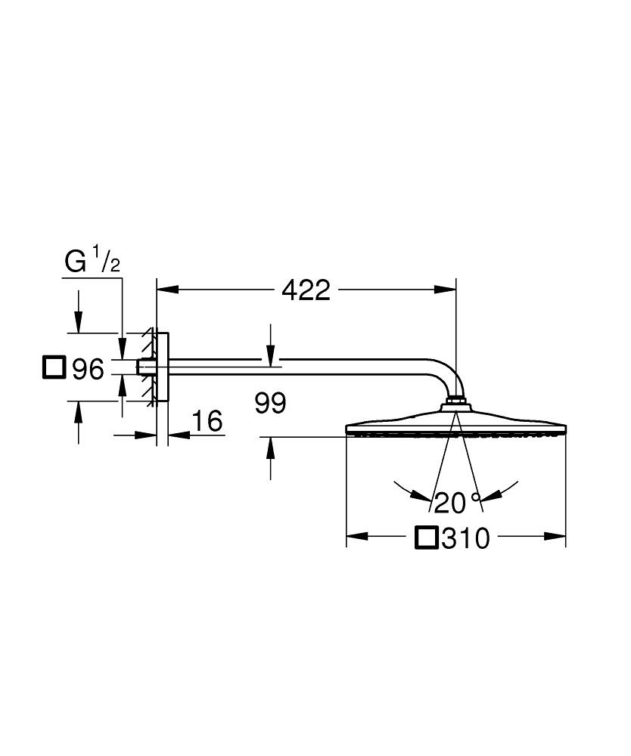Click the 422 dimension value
[306, 290]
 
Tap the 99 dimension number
[270, 403]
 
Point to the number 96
[87, 370]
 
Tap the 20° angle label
[457, 502]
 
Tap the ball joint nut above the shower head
[455, 400]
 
